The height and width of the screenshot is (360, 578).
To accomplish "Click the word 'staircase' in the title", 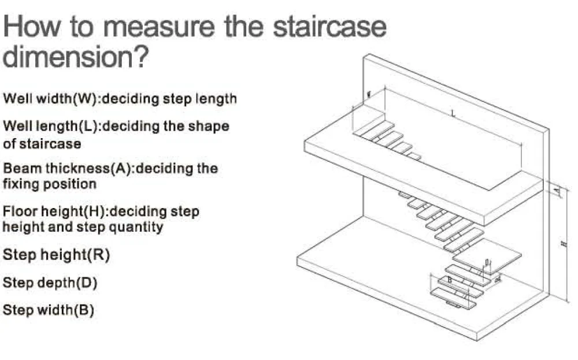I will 329,27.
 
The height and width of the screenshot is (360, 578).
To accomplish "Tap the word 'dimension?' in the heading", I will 76,57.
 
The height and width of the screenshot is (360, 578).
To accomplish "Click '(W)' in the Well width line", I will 82,99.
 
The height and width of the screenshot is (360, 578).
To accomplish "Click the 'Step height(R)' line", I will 57,255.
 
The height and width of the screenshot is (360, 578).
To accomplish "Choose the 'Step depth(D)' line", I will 50,283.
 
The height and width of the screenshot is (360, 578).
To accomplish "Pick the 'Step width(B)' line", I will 49,310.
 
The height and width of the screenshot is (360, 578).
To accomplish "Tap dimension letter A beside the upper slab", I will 557,190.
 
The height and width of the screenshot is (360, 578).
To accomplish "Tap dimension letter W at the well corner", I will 368,94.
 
